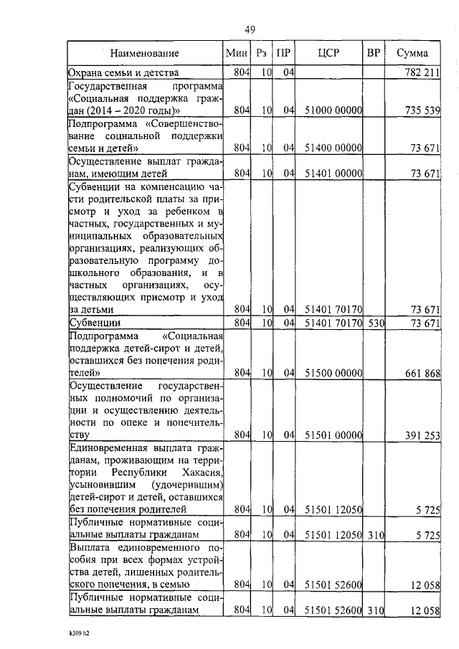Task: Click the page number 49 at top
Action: (x=250, y=29)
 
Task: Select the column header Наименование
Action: (x=145, y=53)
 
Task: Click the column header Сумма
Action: (x=412, y=53)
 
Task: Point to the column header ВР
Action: (x=374, y=53)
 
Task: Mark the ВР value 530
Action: (x=377, y=323)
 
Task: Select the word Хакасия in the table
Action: (x=197, y=474)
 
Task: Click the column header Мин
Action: (x=236, y=53)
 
